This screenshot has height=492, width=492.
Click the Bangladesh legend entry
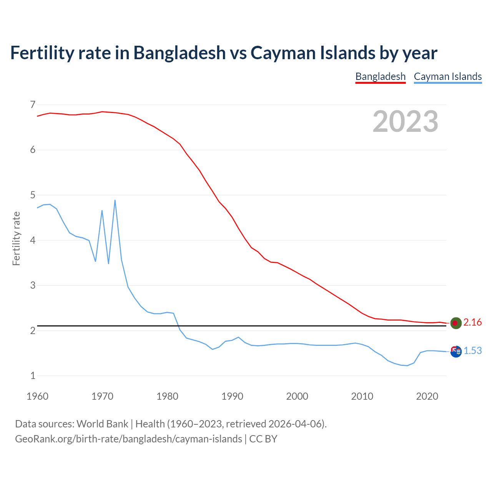pos(380,76)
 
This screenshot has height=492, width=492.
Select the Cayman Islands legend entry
pos(447,76)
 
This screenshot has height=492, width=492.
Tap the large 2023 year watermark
pos(405,121)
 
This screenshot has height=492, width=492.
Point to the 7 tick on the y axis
pos(33,105)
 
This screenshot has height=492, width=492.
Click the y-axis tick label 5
pos(33,195)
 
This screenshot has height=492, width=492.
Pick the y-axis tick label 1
pos(33,376)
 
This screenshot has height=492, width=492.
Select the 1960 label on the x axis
pos(37,396)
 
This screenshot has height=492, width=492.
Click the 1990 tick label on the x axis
pos(232,396)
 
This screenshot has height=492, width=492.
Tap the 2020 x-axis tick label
pos(427,396)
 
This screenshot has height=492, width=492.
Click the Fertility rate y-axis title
pos(16,238)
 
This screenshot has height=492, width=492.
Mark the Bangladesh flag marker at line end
pos(455,323)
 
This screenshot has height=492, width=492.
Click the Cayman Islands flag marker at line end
pos(455,351)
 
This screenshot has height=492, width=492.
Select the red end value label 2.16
pos(472,322)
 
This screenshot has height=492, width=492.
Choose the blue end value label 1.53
pos(472,351)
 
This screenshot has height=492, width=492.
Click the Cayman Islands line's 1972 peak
pos(115,200)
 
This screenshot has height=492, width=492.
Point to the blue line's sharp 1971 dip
pos(108,263)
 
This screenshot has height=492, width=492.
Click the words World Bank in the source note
pos(102,424)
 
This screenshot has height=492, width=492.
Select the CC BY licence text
pos(263,439)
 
